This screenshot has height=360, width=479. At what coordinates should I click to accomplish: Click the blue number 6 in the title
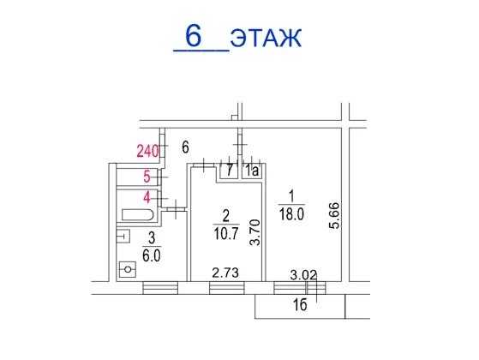click(x=194, y=36)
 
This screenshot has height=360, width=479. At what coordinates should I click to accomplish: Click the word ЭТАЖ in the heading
click(x=266, y=38)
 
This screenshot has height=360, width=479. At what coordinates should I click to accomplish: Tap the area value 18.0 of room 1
click(x=291, y=214)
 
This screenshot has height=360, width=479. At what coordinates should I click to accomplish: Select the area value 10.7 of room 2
click(x=225, y=233)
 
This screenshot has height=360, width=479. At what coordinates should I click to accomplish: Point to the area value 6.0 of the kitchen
click(x=152, y=255)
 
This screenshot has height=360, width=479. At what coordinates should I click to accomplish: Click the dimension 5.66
click(x=334, y=215)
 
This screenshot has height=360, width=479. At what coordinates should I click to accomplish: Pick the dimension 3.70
click(x=254, y=232)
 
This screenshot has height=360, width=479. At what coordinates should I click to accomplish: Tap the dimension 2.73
click(x=225, y=273)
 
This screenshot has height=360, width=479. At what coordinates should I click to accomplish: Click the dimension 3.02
click(x=303, y=275)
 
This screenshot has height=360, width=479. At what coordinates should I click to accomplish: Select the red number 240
click(x=148, y=151)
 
